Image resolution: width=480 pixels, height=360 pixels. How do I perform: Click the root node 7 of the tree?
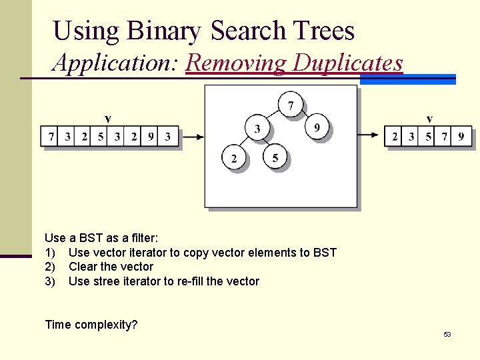[x=290, y=105]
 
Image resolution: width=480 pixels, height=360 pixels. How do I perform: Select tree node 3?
[x=257, y=127]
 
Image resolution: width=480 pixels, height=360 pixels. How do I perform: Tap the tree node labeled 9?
[x=317, y=127]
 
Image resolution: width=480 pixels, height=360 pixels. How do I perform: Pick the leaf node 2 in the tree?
[x=234, y=158]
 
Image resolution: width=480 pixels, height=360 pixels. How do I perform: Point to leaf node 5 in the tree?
[x=275, y=158]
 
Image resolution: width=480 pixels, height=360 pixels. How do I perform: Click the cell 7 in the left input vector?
[x=51, y=137]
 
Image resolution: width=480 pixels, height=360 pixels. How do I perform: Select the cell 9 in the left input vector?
[x=151, y=137]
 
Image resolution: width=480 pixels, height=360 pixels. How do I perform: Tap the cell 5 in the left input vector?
[x=101, y=137]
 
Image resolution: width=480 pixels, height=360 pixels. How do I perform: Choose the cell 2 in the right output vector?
[x=395, y=137]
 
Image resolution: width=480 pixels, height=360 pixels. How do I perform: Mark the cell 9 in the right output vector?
[x=462, y=137]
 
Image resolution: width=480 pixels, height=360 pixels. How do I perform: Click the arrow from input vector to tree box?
[x=192, y=137]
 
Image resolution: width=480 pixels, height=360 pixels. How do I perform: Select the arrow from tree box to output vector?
[x=369, y=135]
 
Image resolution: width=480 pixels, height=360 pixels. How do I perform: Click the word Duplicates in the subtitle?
[x=348, y=63]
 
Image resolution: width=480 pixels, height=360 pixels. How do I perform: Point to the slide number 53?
[x=447, y=334]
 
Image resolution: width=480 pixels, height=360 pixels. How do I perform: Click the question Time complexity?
[x=91, y=325]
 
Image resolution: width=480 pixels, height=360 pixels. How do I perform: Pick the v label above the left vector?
[x=108, y=119]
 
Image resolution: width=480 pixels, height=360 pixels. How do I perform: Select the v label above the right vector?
[x=429, y=119]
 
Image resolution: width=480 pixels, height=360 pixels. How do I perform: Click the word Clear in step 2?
[x=83, y=267]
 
